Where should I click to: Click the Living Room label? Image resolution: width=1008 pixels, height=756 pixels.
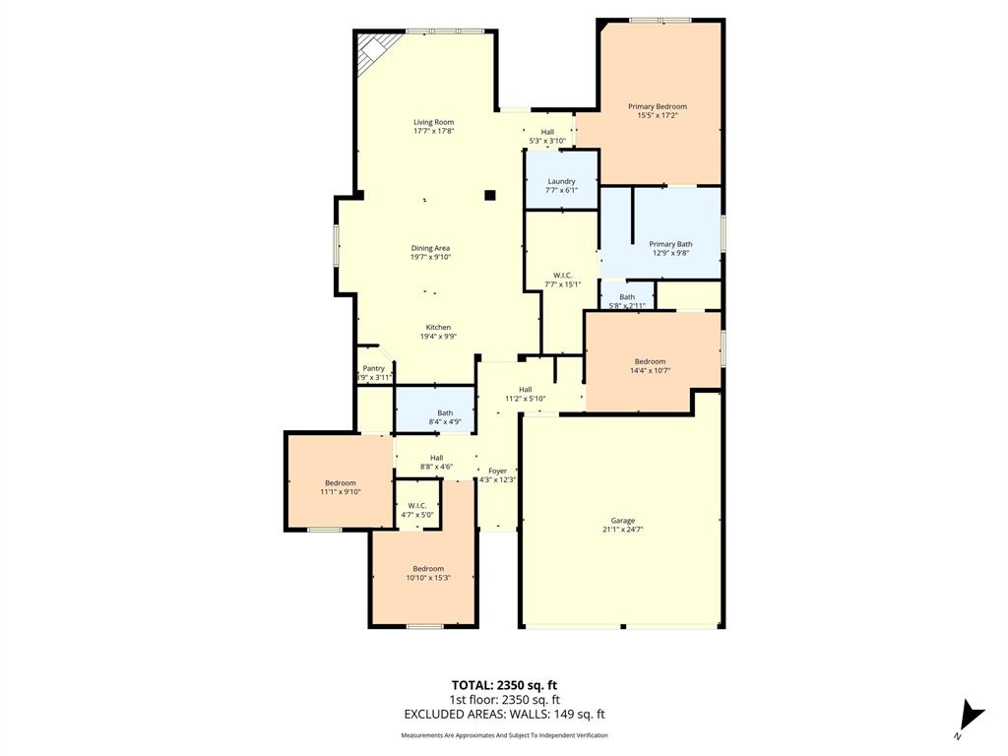[433, 122]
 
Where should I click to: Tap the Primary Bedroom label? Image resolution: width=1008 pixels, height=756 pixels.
[658, 106]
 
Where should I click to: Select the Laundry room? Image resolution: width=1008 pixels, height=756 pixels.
[561, 184]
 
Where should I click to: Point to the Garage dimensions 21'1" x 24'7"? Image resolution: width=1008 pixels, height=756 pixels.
[622, 530]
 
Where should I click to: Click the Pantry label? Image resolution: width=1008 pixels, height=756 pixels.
[374, 368]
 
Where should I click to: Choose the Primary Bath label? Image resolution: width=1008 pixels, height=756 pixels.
[670, 244]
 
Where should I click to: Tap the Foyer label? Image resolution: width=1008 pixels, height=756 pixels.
[497, 472]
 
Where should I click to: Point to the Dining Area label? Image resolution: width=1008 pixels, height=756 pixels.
[430, 248]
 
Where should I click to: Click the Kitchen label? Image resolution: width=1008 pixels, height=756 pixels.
[438, 327]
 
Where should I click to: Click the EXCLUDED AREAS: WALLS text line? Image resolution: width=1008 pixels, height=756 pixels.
[504, 715]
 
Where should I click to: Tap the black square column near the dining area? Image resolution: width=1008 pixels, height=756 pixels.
[489, 195]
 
